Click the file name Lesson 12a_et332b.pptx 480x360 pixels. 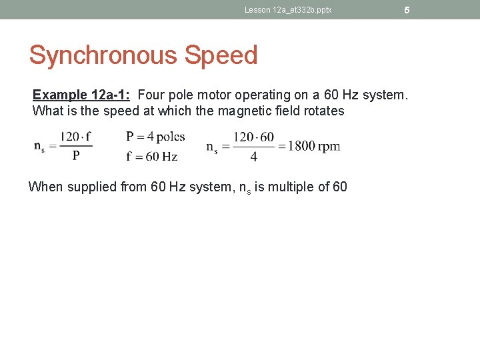coord(288,10)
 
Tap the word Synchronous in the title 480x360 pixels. coord(105,55)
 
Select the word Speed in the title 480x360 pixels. coord(221,55)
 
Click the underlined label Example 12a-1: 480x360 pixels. coord(81,95)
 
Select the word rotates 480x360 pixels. coord(321,111)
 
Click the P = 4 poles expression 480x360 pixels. coord(155,137)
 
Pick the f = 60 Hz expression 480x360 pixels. coord(151,157)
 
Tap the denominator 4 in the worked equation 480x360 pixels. coord(253,158)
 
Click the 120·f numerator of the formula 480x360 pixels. coord(75,137)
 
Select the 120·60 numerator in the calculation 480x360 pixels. coord(253,137)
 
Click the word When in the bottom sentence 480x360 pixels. coord(44,187)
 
